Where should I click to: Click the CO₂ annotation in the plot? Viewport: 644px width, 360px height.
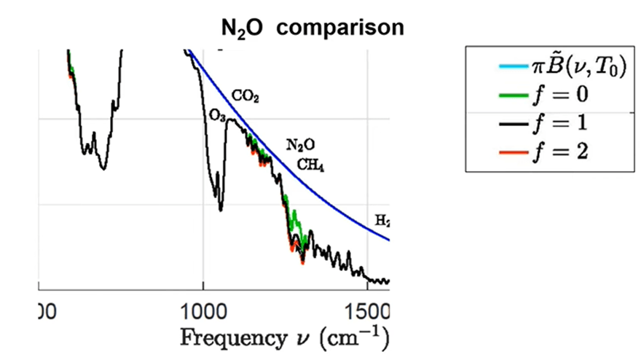[x=246, y=95]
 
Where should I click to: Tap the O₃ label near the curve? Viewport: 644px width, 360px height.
[x=217, y=116]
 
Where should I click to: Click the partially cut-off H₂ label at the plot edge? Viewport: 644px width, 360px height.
[x=382, y=220]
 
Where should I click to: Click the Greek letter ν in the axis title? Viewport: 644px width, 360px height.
[x=304, y=338]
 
